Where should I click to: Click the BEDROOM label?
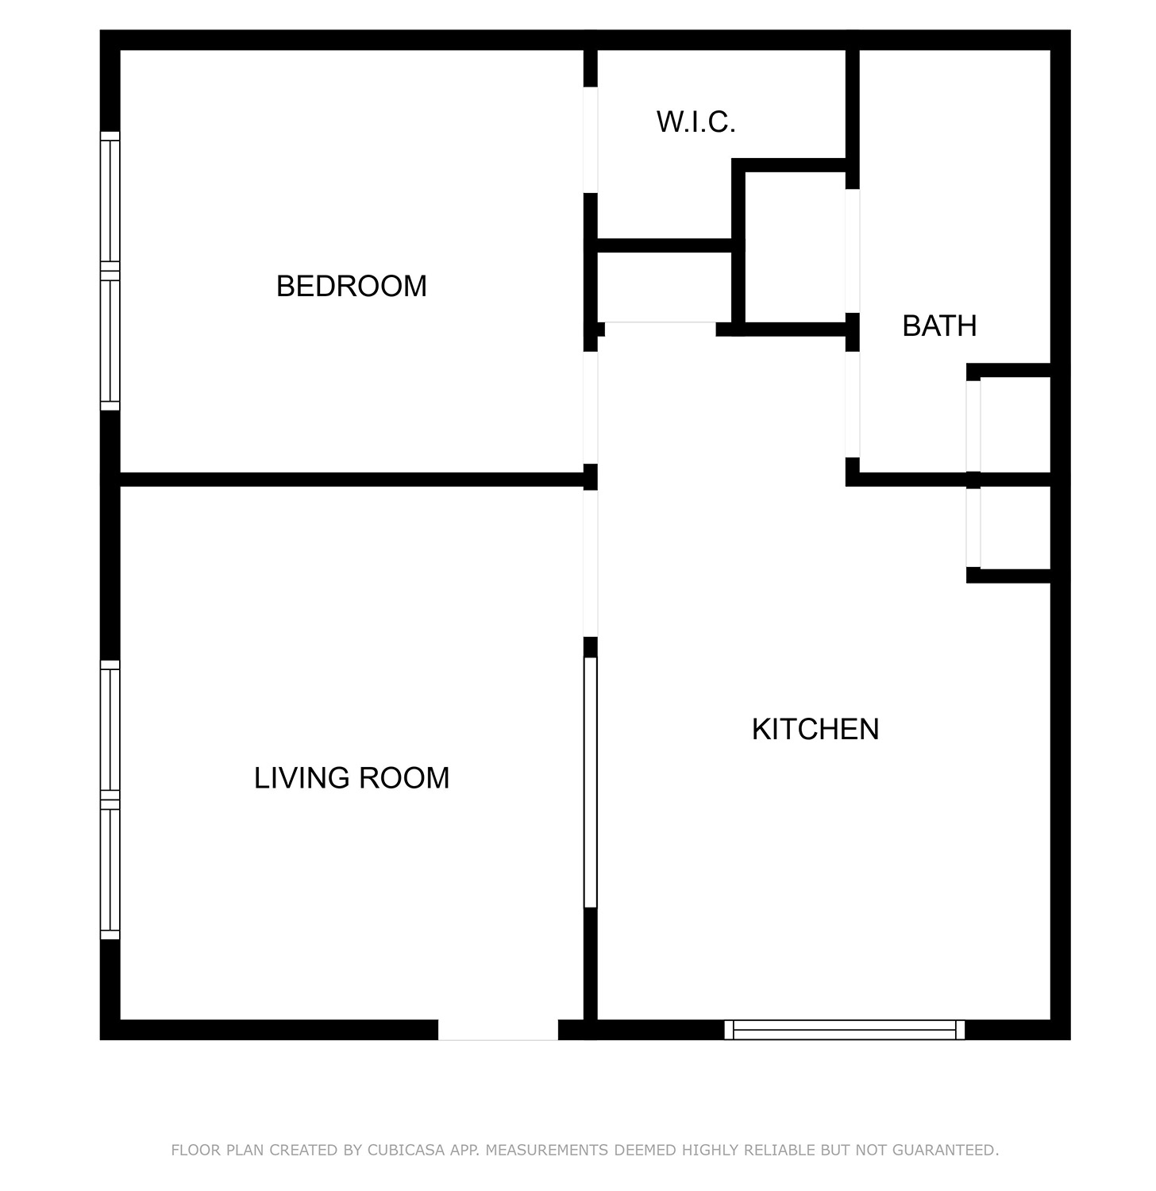pos(352,286)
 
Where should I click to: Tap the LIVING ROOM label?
pos(352,778)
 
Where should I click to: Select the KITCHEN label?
pos(815,729)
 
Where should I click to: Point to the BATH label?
pos(939,326)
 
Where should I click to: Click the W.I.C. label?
pos(696,122)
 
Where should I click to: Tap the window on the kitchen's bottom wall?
pos(845,1030)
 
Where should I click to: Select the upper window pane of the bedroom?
pos(110,201)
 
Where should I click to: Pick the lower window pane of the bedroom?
pos(110,341)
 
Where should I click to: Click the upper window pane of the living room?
pos(110,730)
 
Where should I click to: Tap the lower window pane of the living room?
pos(110,870)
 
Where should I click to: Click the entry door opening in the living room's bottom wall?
pos(499,1030)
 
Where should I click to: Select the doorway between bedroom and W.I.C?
pos(590,140)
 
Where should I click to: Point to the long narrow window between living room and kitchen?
pos(590,782)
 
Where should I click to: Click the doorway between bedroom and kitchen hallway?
pos(590,407)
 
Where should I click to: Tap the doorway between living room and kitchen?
pos(590,564)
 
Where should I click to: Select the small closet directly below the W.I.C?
pos(664,287)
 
